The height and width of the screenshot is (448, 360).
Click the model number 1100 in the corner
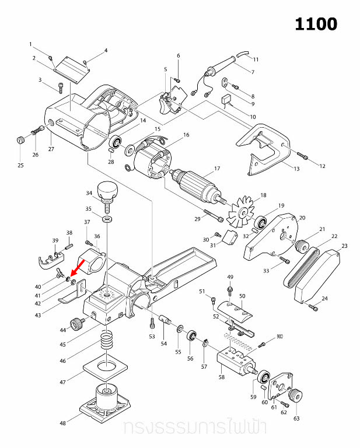316,24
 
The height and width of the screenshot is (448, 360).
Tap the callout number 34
89,193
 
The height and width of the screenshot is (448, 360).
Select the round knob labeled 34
107,190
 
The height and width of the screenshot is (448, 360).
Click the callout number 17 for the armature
216,169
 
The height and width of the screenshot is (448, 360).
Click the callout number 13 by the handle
296,169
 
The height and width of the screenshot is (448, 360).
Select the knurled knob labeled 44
75,322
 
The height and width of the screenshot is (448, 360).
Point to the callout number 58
221,377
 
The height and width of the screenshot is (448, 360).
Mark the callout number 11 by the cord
256,60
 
